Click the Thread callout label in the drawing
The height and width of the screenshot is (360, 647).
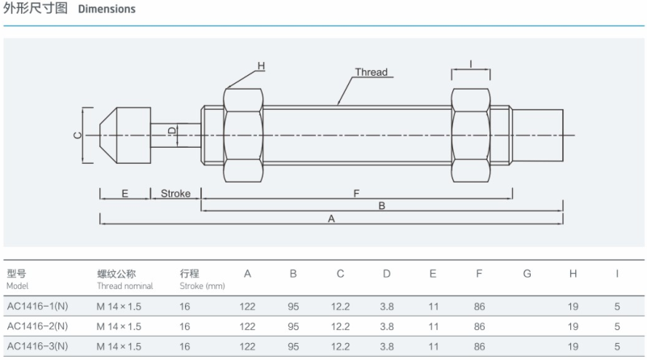coord(372,73)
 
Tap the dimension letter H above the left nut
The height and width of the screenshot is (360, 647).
coord(261,65)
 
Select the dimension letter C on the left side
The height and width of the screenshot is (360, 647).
coord(78,135)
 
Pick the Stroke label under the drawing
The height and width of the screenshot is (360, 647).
coord(175,194)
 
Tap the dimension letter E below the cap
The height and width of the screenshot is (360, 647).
coord(124,194)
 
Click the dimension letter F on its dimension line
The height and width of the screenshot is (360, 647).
coord(356,194)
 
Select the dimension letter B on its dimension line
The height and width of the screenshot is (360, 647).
coord(381,206)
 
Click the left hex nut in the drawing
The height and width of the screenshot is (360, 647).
coord(242,135)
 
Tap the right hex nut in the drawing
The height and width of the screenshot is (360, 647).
coord(471,135)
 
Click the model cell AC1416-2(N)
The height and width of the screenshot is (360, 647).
coord(37,326)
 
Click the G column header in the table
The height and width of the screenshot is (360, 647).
coord(527,274)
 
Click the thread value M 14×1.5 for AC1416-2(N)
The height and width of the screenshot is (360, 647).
coord(119,326)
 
